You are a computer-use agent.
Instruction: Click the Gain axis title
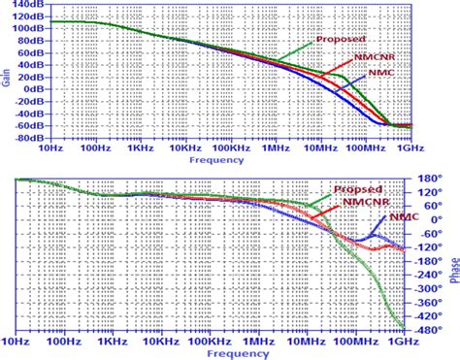pyautogui.click(x=7, y=73)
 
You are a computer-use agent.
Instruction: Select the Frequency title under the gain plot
pyautogui.click(x=214, y=159)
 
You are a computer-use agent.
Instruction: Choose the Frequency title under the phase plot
pyautogui.click(x=214, y=352)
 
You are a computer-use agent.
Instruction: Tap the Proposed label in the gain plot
pyautogui.click(x=341, y=41)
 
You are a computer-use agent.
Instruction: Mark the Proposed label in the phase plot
pyautogui.click(x=355, y=189)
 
